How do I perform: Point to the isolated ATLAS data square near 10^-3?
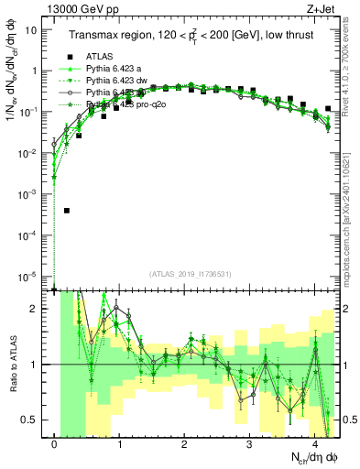67,211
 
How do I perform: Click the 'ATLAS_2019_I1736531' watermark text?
190,274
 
